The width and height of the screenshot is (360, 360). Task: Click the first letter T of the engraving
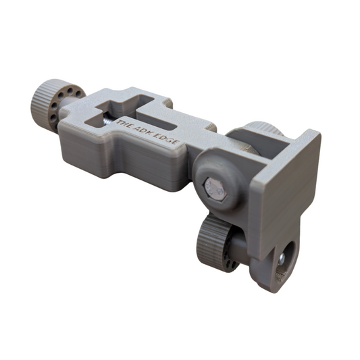click(x=120, y=123)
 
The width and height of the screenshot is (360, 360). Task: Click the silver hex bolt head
click(x=215, y=190)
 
